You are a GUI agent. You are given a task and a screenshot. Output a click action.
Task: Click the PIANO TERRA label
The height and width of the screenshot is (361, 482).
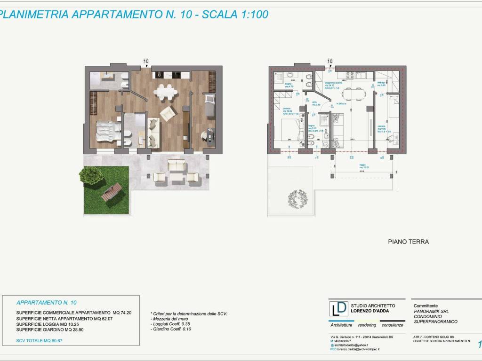click(x=408, y=242)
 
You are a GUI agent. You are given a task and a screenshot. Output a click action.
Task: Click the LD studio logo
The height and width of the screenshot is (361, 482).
click(x=339, y=308)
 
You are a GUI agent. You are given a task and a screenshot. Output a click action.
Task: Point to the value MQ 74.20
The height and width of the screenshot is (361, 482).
click(x=116, y=313)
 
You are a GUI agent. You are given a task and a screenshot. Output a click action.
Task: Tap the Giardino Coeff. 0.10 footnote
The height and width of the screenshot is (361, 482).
click(x=171, y=329)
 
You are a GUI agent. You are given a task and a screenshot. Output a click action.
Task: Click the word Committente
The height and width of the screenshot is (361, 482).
click(x=425, y=305)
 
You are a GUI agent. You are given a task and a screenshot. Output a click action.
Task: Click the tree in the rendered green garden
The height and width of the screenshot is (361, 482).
click(x=88, y=176)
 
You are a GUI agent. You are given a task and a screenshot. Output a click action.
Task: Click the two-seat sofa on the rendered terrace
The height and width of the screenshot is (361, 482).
click(x=177, y=165)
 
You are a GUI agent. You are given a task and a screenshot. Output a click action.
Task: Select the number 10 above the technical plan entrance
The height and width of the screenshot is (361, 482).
click(x=329, y=61)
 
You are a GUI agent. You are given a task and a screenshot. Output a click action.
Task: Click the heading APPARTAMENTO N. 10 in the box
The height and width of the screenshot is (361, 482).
click(x=47, y=302)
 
